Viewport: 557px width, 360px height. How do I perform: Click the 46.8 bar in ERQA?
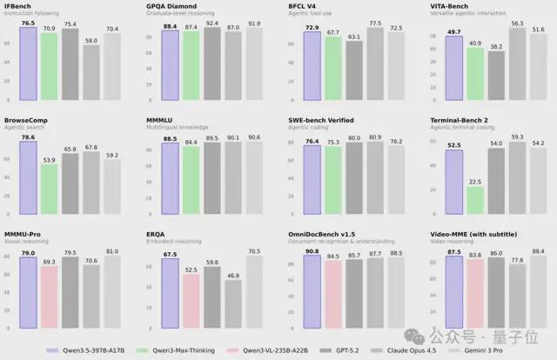(x=232, y=296)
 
